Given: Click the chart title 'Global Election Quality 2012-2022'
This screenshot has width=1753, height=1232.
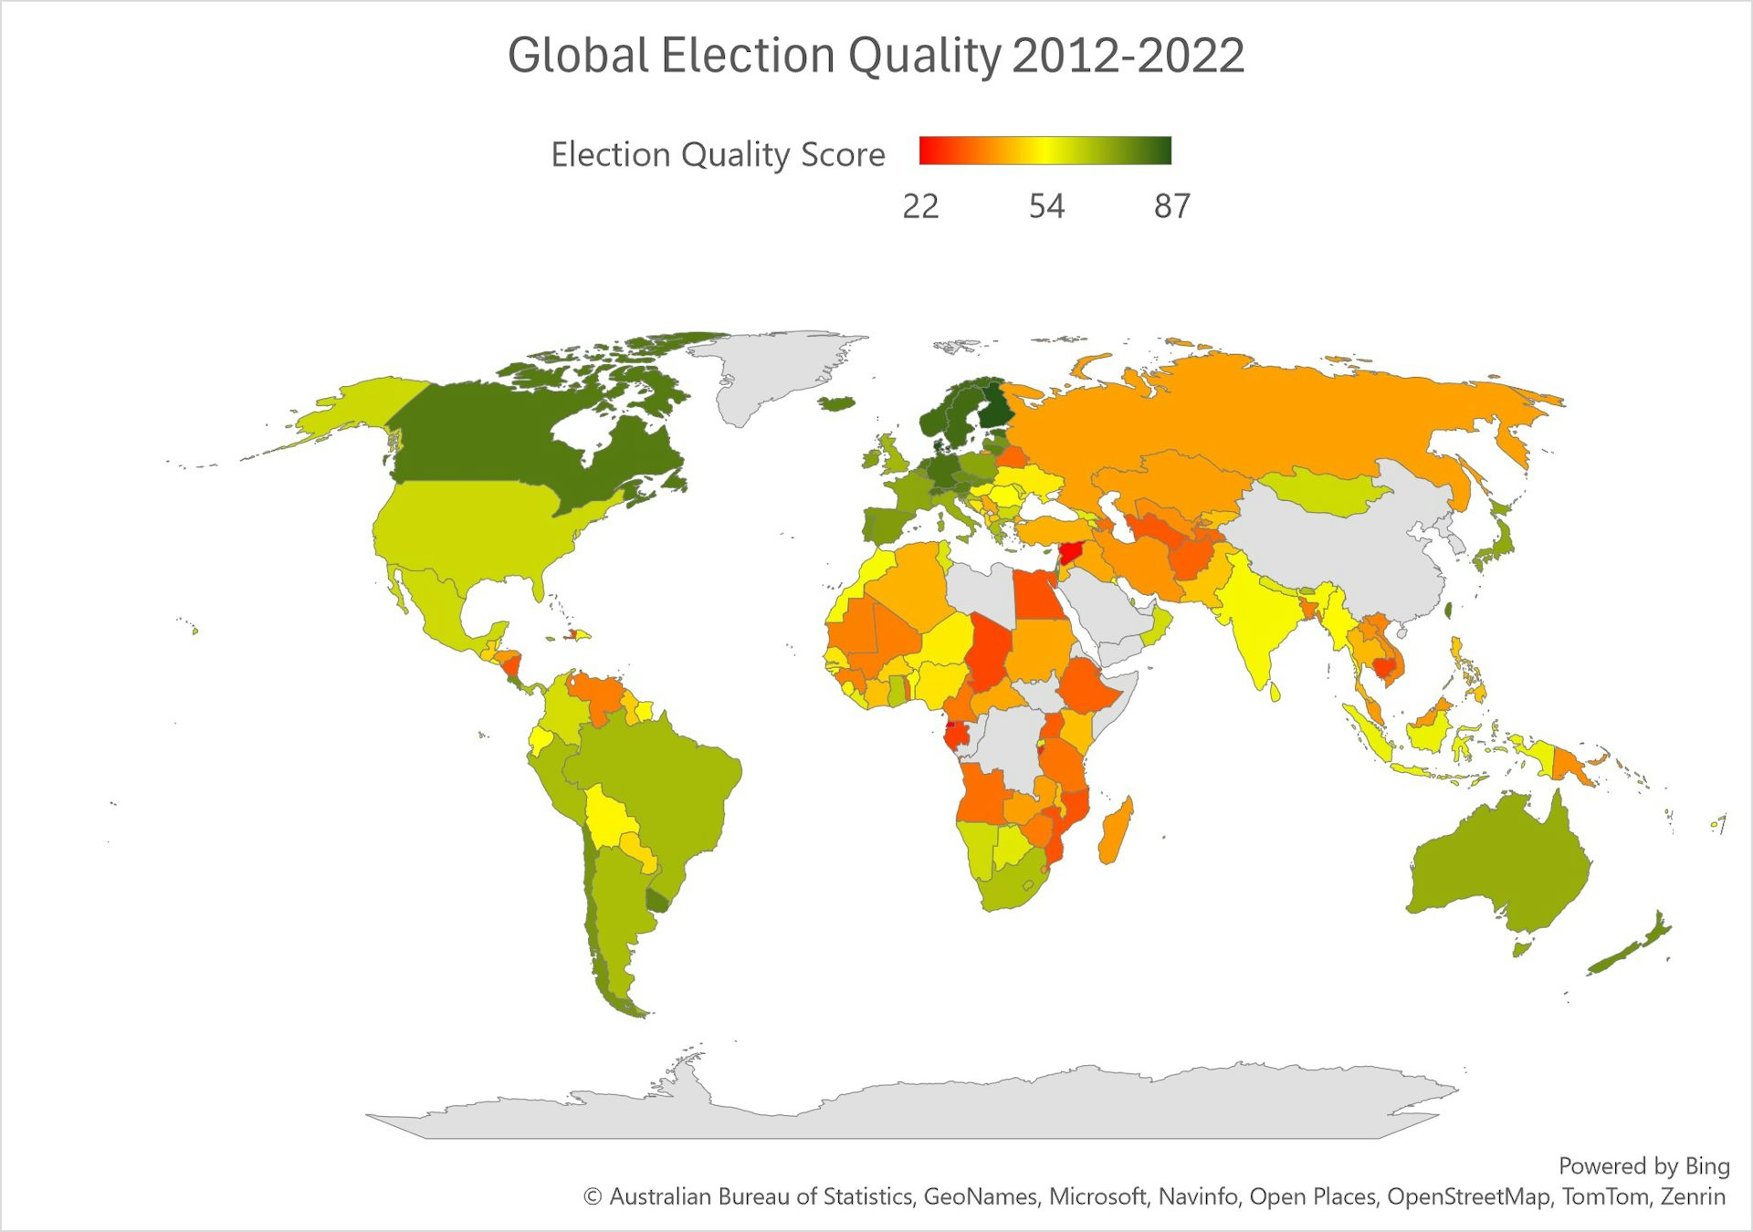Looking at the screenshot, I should click(x=876, y=56).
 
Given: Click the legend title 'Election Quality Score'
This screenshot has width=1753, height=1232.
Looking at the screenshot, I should click(x=718, y=154).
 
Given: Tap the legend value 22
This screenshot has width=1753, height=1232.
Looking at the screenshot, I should click(x=920, y=207).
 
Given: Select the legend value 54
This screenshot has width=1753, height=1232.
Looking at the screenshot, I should click(x=1046, y=207).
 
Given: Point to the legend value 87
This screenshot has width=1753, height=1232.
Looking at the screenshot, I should click(x=1172, y=207).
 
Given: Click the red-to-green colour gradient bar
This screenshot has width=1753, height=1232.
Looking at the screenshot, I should click(x=1044, y=151).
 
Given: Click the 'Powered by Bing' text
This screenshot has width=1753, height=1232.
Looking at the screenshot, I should click(x=1643, y=1165).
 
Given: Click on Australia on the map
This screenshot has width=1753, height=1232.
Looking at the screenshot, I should click(x=1497, y=867).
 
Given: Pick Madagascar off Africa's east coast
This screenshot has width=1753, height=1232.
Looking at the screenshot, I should click(x=1116, y=830).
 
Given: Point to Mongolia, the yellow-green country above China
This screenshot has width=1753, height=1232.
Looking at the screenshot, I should click(x=1324, y=493).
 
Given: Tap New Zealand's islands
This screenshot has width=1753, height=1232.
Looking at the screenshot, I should click(x=1634, y=949).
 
